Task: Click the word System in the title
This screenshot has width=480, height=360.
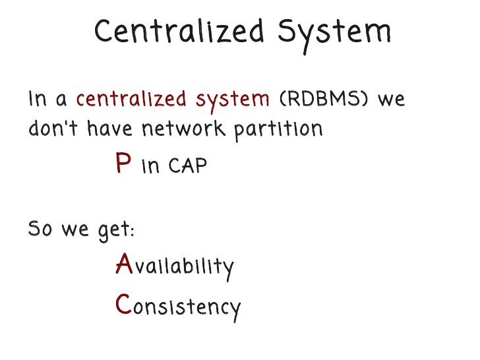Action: coord(336,31)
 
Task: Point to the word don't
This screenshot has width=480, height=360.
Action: coord(52,129)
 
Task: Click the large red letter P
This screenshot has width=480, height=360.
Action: coord(123,164)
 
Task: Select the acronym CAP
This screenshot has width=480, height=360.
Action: coord(187,166)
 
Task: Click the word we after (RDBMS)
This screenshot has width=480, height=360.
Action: coord(391,100)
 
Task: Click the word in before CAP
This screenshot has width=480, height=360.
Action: coord(151,166)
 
